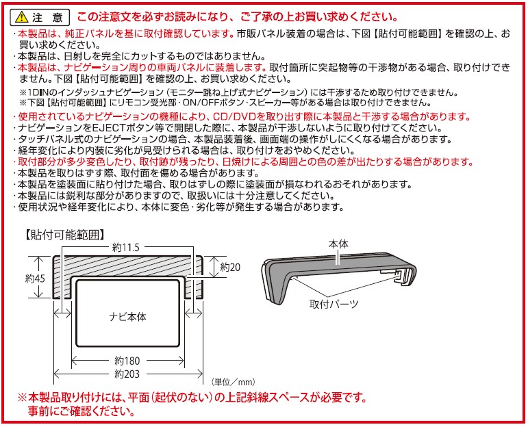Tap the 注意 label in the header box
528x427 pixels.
tap(50, 16)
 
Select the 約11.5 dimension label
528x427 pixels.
tap(126, 247)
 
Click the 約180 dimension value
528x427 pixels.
tap(127, 361)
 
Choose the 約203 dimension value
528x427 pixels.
tap(127, 374)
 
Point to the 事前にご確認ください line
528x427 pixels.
tap(81, 412)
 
